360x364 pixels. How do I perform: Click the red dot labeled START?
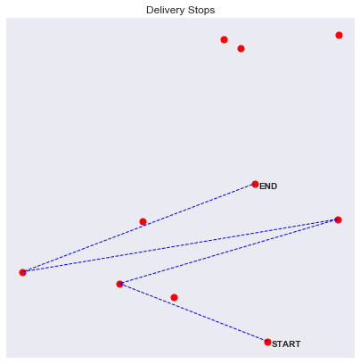(267, 342)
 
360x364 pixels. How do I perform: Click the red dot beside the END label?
(255, 184)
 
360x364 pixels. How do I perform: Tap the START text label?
(286, 344)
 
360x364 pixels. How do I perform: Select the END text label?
(268, 186)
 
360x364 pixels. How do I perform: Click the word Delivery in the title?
(163, 10)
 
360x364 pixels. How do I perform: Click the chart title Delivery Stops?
(181, 10)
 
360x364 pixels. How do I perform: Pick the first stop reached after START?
(119, 284)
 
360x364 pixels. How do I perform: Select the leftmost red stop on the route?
(22, 272)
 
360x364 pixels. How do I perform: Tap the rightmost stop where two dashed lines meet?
(338, 219)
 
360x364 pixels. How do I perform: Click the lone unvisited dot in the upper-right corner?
(339, 35)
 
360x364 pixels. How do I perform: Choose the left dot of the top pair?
(224, 39)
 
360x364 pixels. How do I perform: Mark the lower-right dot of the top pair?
(241, 48)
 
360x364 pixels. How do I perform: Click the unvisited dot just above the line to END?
(143, 221)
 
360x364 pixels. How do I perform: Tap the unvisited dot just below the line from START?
(174, 297)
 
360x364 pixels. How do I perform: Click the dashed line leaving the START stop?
(193, 313)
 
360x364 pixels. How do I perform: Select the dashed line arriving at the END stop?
(139, 228)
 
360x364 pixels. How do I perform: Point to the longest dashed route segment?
(180, 246)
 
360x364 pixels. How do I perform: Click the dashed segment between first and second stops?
(229, 252)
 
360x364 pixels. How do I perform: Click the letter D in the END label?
(274, 186)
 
